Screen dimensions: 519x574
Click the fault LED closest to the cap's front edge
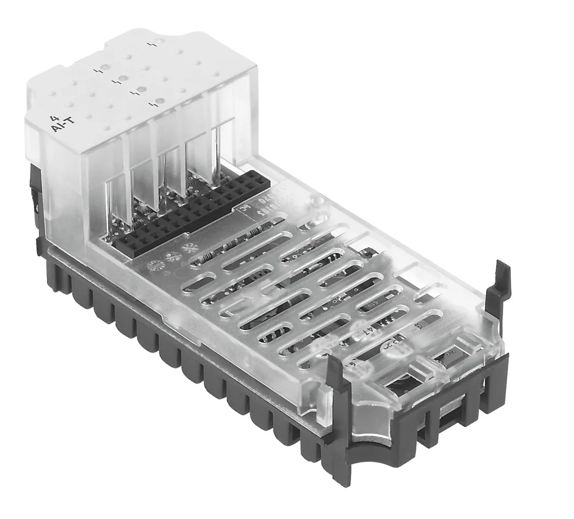click(x=159, y=101)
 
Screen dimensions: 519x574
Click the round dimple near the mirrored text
click(x=313, y=206)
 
